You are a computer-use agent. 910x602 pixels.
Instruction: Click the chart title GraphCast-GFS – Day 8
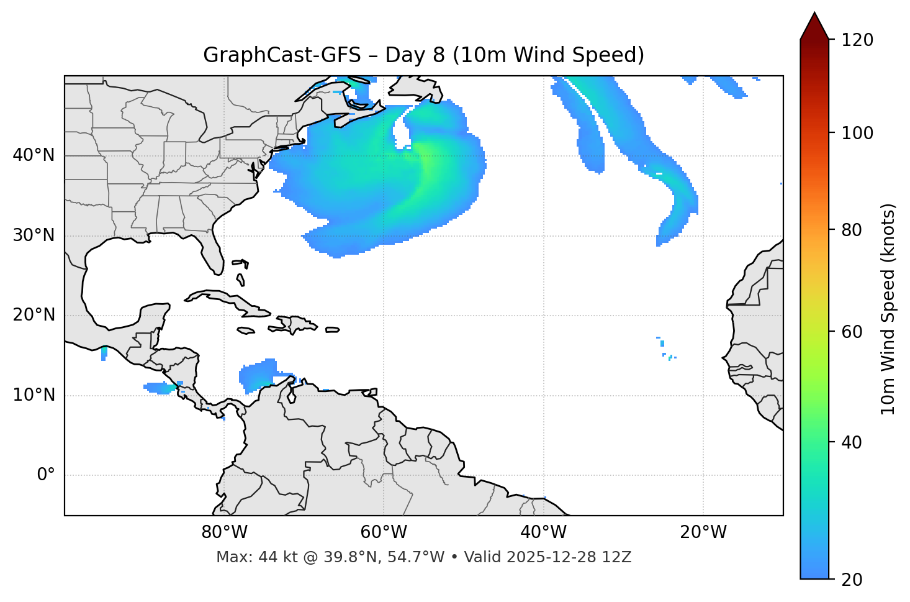click(x=423, y=55)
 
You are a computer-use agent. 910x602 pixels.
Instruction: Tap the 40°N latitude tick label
click(x=34, y=155)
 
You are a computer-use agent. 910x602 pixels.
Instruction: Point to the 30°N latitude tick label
click(x=34, y=235)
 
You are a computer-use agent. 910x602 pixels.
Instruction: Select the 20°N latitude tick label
click(x=34, y=315)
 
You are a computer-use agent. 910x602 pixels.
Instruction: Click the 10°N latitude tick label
click(x=34, y=395)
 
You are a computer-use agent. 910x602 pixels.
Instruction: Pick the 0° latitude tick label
click(x=46, y=475)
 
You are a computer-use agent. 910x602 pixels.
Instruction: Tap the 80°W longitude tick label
click(x=224, y=532)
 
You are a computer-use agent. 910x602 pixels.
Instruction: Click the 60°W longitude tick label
click(x=384, y=532)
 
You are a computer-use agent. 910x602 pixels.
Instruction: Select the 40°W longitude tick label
click(x=543, y=532)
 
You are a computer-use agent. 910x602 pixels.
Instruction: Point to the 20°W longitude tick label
click(x=703, y=532)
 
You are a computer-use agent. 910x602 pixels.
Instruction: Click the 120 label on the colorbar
click(x=857, y=40)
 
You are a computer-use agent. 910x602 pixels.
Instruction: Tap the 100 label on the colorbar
click(x=857, y=133)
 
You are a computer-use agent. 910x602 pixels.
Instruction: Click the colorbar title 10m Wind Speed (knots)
click(x=888, y=309)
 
